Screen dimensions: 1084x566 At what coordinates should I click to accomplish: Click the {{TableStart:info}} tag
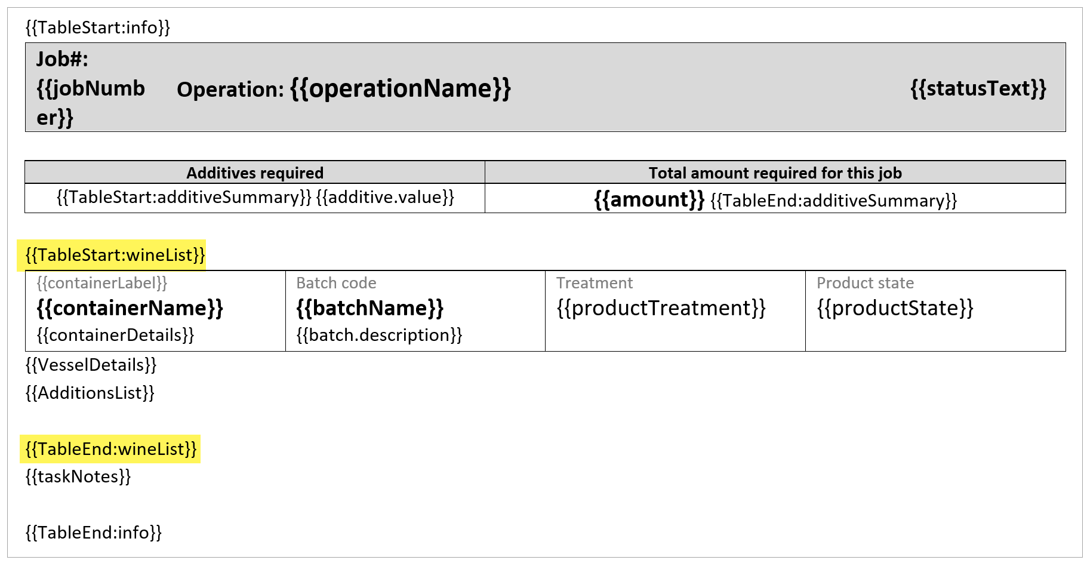pyautogui.click(x=98, y=27)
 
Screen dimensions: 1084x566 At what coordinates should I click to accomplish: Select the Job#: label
pyautogui.click(x=62, y=59)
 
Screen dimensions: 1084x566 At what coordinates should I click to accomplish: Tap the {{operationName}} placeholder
pyautogui.click(x=401, y=88)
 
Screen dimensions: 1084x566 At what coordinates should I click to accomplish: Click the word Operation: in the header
pyautogui.click(x=230, y=90)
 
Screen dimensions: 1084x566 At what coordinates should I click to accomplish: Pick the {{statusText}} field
pyautogui.click(x=978, y=88)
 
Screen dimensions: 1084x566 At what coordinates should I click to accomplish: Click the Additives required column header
pyautogui.click(x=255, y=173)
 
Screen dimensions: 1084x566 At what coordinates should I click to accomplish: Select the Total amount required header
pyautogui.click(x=775, y=173)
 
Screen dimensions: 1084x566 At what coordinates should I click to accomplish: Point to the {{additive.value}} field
pyautogui.click(x=385, y=198)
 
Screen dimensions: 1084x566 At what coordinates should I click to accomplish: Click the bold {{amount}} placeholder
pyautogui.click(x=649, y=199)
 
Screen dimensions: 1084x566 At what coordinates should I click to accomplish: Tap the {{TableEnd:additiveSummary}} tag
pyautogui.click(x=834, y=201)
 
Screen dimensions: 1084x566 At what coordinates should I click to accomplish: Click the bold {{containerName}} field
pyautogui.click(x=130, y=308)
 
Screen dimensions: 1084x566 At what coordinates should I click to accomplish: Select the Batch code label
pyautogui.click(x=337, y=283)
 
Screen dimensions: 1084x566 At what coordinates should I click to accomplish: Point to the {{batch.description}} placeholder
pyautogui.click(x=380, y=335)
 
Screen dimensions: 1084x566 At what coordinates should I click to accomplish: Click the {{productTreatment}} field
pyautogui.click(x=661, y=308)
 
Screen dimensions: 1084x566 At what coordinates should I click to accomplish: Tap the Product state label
pyautogui.click(x=866, y=283)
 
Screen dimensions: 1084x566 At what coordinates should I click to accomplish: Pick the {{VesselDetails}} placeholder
pyautogui.click(x=91, y=365)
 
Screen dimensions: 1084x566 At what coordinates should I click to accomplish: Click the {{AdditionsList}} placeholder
pyautogui.click(x=90, y=393)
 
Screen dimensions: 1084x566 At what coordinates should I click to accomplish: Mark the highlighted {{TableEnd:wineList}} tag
pyautogui.click(x=111, y=449)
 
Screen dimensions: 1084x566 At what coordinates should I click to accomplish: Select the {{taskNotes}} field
pyautogui.click(x=78, y=476)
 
